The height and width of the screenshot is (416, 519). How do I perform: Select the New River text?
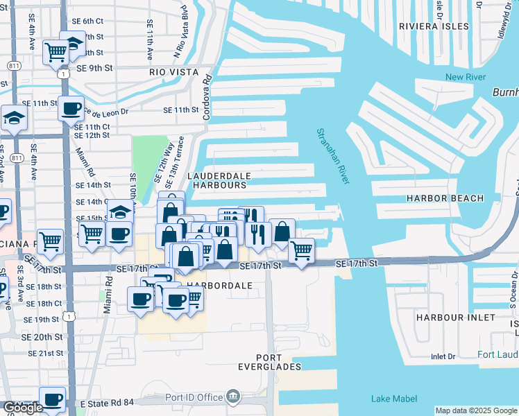[465, 77]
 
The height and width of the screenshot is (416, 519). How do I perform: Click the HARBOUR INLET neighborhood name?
[456, 317]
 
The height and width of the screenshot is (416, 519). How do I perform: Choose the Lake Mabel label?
[394, 398]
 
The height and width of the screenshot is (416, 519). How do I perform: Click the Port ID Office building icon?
[233, 397]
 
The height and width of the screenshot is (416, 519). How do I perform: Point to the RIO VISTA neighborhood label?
[173, 72]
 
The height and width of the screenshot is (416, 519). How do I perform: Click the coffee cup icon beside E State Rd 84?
[53, 400]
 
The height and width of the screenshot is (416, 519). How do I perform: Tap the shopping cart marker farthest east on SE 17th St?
[301, 250]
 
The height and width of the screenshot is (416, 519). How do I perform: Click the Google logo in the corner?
[22, 408]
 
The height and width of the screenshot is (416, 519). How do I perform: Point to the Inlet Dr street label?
[442, 357]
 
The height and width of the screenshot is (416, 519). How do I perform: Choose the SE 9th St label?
[94, 69]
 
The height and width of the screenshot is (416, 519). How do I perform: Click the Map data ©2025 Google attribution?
[476, 410]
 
